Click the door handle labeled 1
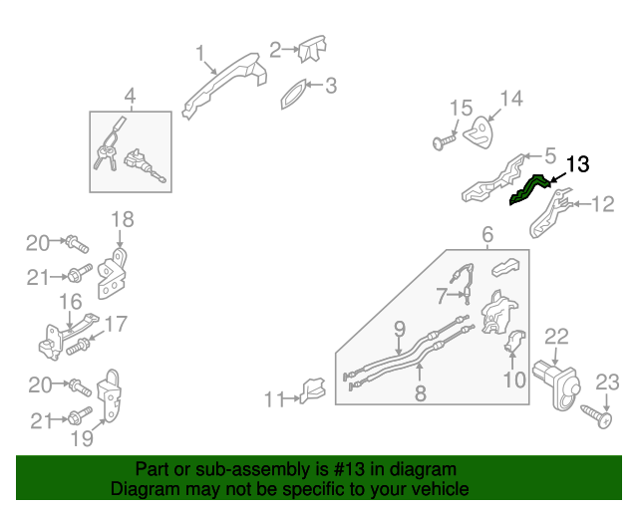225,83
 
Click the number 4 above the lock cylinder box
130,97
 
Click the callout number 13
578,164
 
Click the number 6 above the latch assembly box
487,235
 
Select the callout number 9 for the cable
399,328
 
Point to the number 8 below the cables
421,393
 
